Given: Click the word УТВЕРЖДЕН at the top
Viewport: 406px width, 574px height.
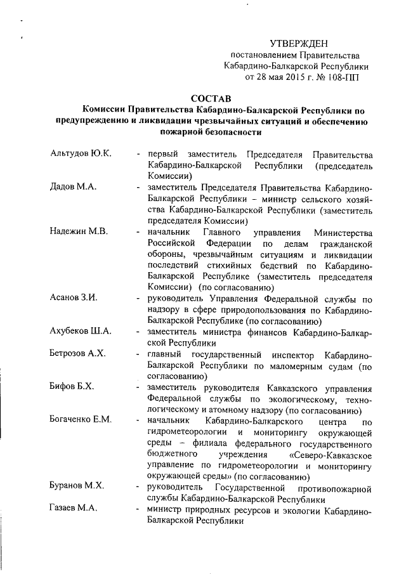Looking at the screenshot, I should (299, 43).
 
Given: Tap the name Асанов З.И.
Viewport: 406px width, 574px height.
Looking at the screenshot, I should (73, 297).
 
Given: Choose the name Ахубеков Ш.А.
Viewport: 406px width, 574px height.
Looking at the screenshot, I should (81, 330).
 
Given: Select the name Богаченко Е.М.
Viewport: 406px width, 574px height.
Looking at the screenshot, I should (82, 419).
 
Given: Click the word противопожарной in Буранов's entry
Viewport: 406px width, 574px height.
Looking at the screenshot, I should (332, 487).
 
